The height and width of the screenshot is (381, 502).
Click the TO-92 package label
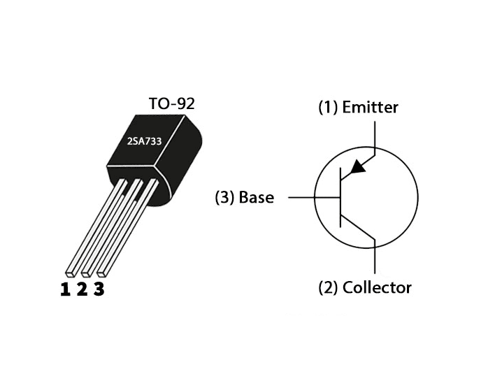[x=171, y=103]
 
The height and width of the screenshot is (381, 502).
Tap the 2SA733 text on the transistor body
[x=145, y=141]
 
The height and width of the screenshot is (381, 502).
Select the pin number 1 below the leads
[x=65, y=289]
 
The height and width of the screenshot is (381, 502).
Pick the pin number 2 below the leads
[x=82, y=289]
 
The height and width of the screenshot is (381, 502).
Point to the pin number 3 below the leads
[x=99, y=289]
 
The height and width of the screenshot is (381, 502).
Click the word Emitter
[x=370, y=108]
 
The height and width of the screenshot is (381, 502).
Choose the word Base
[x=256, y=197]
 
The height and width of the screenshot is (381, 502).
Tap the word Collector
[x=377, y=287]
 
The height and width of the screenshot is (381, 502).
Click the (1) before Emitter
[x=328, y=108]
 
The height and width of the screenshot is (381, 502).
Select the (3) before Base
[x=224, y=197]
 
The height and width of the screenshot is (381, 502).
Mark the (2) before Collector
[x=329, y=287]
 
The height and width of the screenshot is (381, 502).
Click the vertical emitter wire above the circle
[x=376, y=136]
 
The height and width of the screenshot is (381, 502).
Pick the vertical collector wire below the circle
[x=376, y=259]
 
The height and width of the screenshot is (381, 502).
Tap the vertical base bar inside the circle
[x=340, y=198]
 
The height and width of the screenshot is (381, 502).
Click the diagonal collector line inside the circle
[x=358, y=229]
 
